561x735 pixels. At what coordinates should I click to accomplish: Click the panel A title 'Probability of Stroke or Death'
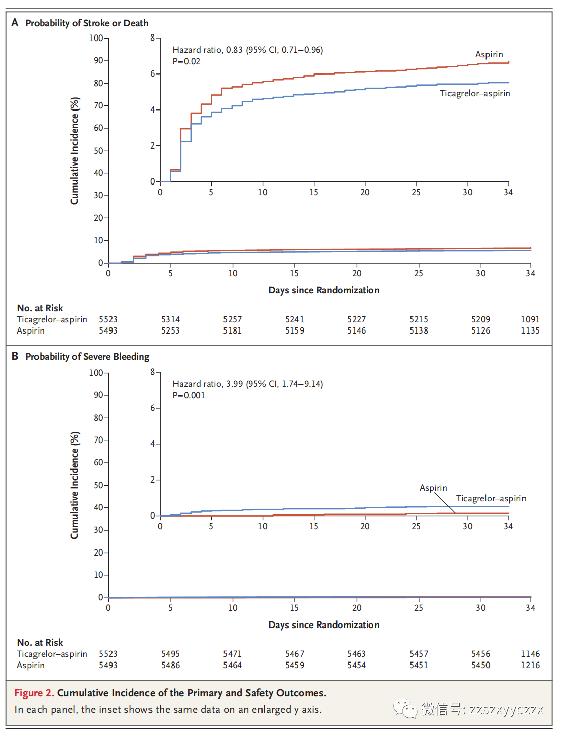coord(87,23)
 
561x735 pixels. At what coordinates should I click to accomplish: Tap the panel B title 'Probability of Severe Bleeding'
coord(88,357)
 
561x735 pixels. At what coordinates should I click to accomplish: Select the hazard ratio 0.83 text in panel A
coord(248,50)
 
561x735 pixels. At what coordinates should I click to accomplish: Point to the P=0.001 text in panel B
coord(189,395)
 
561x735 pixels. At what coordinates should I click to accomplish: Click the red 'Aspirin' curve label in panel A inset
coord(489,54)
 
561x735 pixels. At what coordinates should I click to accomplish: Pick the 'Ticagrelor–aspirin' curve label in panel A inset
coord(475,93)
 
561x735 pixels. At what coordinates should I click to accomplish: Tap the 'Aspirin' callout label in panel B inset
coord(433,488)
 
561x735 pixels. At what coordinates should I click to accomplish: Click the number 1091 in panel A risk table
coord(530,319)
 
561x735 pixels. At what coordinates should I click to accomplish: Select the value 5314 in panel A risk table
coord(170,319)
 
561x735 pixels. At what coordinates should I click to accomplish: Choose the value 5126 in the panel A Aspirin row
coord(480,331)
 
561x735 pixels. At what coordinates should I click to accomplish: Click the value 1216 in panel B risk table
coord(530,665)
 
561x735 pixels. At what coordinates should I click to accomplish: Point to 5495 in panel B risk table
coord(170,654)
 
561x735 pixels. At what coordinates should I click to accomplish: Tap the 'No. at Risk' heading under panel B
coord(40,643)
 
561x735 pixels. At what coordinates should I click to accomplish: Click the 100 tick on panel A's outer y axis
coord(96,38)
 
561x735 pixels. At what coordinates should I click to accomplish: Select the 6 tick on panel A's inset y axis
coord(153,73)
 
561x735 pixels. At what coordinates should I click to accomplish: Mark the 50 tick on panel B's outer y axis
coord(98,485)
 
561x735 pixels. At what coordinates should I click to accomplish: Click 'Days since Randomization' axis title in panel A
coord(324,290)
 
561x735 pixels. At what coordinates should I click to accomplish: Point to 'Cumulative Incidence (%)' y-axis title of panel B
coord(74,485)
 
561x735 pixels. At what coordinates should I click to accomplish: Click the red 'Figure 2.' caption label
coord(34,693)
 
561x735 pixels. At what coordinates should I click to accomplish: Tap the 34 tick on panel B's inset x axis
coord(508,526)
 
